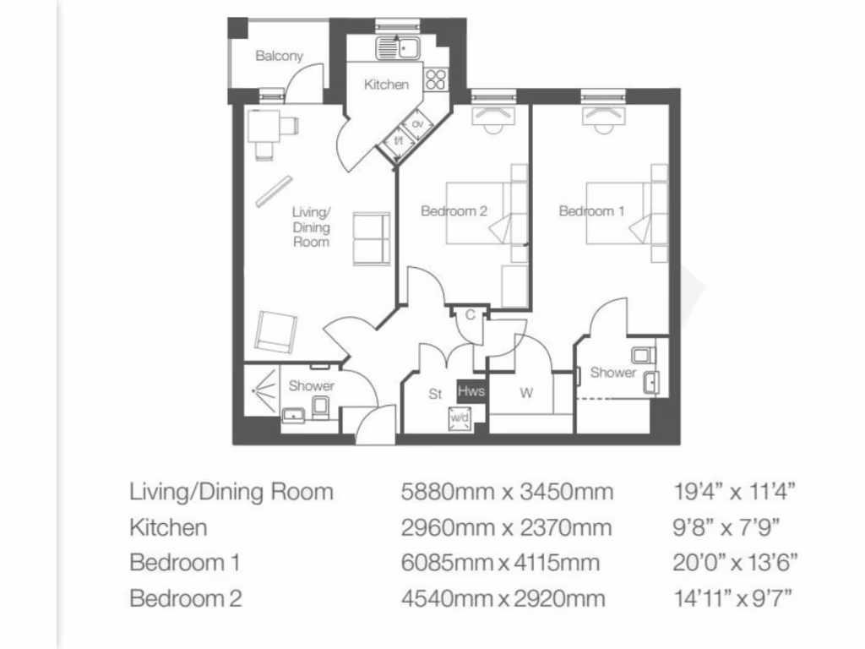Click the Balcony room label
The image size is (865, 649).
tap(279, 57)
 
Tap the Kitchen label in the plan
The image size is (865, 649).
tap(386, 85)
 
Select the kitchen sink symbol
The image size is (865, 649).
tap(400, 47)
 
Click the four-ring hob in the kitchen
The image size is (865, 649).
tap(436, 79)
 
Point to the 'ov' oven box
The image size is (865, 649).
tap(416, 125)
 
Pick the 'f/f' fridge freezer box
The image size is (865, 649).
tap(399, 141)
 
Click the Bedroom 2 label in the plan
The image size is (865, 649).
tap(454, 211)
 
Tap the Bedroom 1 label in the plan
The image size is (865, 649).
tap(592, 211)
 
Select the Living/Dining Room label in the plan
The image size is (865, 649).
tap(311, 226)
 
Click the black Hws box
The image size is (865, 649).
tap(471, 391)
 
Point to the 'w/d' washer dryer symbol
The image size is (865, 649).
tap(460, 417)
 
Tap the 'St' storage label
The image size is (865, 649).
tap(436, 394)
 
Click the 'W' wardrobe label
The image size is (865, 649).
tap(526, 392)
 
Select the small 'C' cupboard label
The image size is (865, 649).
tap(470, 314)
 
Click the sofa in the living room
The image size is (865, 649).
tap(371, 237)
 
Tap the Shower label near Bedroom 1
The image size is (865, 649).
tap(612, 373)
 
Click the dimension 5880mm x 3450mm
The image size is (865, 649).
tap(507, 491)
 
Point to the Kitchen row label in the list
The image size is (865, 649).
tap(168, 527)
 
